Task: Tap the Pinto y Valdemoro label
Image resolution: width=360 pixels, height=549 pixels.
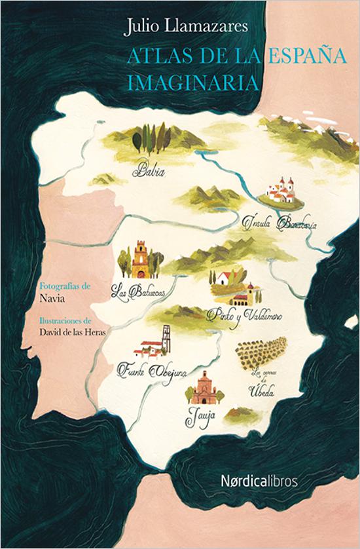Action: (x=244, y=315)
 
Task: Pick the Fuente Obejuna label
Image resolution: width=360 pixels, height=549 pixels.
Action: (x=152, y=372)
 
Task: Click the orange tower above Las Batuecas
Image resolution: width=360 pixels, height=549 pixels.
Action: (x=139, y=260)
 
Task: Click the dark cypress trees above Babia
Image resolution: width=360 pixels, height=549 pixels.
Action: (x=151, y=138)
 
